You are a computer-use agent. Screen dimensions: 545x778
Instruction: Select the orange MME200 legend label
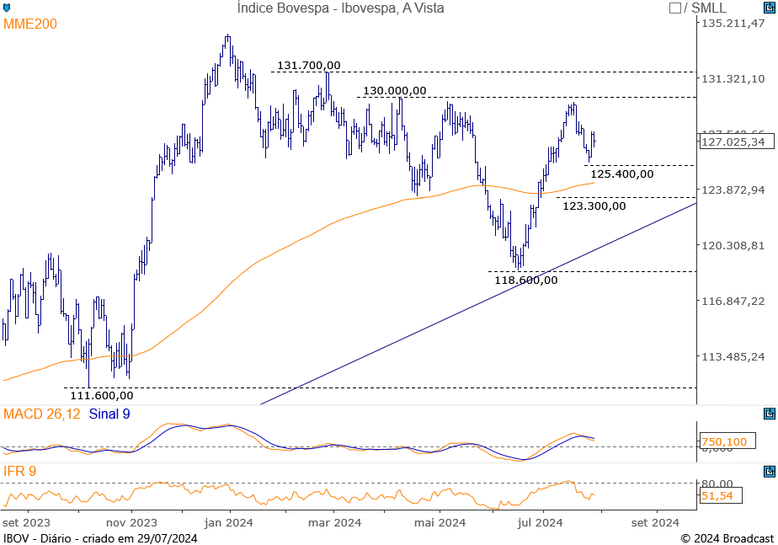(x=30, y=24)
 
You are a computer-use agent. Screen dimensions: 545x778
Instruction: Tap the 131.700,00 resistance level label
(x=309, y=65)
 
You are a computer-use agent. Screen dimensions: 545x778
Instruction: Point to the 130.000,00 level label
(x=395, y=90)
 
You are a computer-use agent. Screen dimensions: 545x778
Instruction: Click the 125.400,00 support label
(x=621, y=174)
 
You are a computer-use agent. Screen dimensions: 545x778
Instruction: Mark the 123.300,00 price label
(x=594, y=205)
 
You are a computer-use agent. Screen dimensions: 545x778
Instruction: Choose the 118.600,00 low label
(x=526, y=280)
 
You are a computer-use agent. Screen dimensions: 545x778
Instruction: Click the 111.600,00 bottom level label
(x=102, y=394)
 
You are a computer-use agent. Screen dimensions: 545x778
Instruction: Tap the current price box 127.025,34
(x=733, y=142)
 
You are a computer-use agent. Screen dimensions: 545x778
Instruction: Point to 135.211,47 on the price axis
(x=733, y=23)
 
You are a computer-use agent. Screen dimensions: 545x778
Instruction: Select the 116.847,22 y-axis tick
(x=733, y=301)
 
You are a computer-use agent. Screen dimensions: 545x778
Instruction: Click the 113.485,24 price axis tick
(x=733, y=356)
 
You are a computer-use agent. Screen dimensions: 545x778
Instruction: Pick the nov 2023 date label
(x=132, y=522)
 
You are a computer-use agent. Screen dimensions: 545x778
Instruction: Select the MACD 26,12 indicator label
(x=42, y=414)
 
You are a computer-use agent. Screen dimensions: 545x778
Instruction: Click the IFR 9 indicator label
(x=20, y=471)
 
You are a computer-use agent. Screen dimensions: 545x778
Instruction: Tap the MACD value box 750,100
(x=724, y=441)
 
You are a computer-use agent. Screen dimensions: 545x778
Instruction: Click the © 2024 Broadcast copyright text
(x=727, y=538)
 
